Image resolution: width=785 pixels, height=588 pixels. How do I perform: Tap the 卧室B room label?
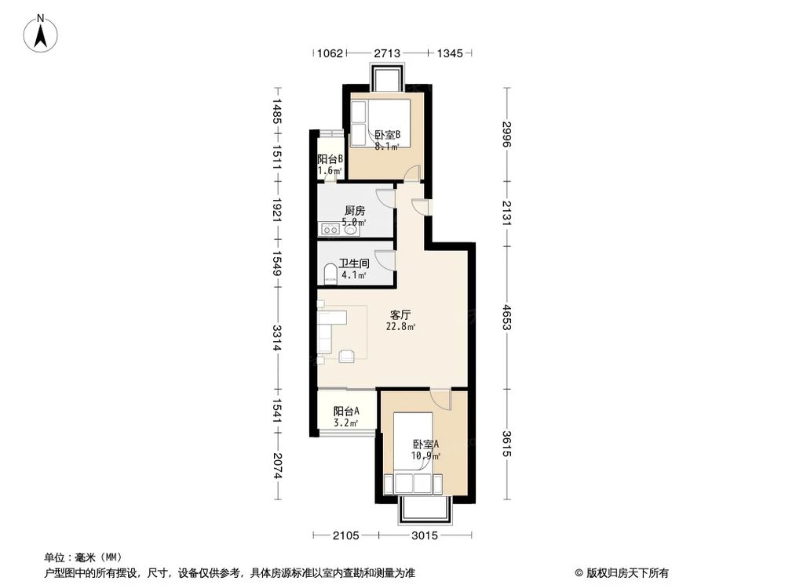(387, 134)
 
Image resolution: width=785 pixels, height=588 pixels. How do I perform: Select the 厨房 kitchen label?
(355, 210)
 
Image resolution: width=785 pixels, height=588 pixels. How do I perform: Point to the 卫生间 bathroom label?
(353, 263)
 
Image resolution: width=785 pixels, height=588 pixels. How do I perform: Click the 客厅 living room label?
(400, 314)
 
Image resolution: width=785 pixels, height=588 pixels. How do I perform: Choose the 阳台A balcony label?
(346, 411)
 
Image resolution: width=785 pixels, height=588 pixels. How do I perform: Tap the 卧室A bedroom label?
(425, 444)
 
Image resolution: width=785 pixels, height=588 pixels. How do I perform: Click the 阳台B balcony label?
(330, 158)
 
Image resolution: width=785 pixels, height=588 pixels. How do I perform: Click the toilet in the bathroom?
(330, 274)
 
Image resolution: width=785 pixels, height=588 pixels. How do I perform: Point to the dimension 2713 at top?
(387, 53)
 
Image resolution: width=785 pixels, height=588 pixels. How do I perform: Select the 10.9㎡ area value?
(425, 456)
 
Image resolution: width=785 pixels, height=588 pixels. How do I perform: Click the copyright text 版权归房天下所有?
(625, 572)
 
